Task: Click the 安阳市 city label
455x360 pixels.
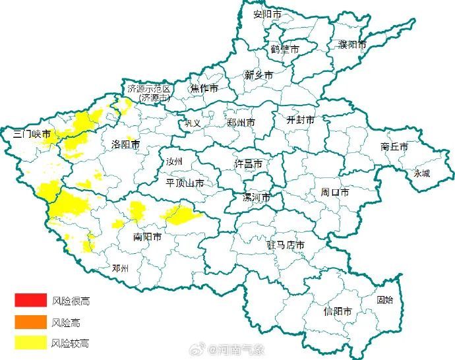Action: [x=267, y=14]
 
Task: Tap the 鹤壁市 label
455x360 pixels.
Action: [x=284, y=49]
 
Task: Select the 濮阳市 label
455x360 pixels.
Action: [x=351, y=45]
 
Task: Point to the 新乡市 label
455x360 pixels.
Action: [x=258, y=75]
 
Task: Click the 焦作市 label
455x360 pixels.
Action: [x=204, y=88]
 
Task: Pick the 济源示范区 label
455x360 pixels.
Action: [x=149, y=88]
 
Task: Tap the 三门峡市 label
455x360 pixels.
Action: [x=32, y=134]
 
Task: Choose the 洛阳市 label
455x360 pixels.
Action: [x=125, y=144]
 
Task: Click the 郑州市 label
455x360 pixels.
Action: [x=241, y=123]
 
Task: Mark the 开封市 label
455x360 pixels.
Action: [x=301, y=121]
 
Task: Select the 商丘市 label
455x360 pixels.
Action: [x=394, y=146]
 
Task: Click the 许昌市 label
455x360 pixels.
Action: [x=249, y=164]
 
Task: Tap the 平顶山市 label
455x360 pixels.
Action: [x=185, y=183]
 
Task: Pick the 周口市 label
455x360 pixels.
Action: [x=334, y=193]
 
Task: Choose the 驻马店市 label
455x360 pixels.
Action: [x=286, y=245]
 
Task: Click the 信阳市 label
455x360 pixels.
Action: [x=337, y=311]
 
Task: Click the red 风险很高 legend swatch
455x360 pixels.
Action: [x=30, y=301]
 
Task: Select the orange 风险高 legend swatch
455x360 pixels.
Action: [x=30, y=322]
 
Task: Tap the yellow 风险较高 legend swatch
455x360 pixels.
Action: [x=30, y=343]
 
